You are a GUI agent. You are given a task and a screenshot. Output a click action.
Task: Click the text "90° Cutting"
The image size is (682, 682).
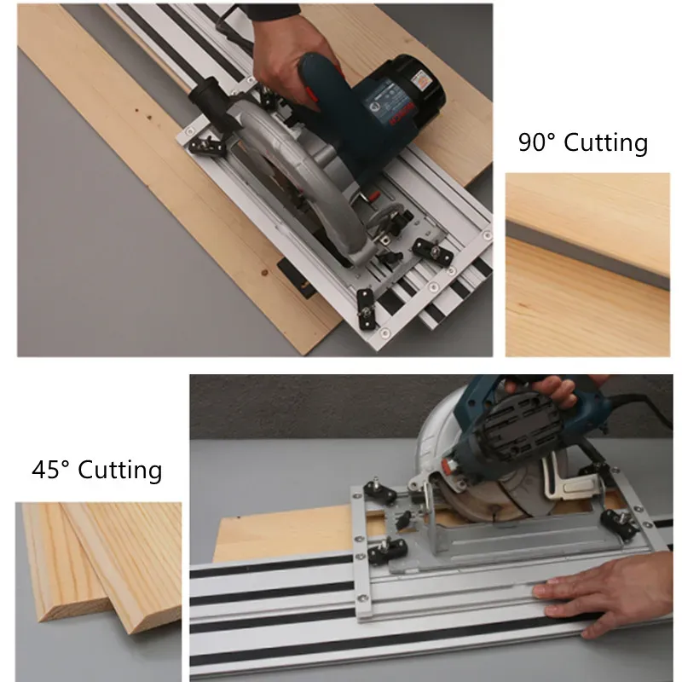pos(583,142)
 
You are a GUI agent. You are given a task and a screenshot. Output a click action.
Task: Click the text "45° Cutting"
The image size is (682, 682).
pos(96,470)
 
